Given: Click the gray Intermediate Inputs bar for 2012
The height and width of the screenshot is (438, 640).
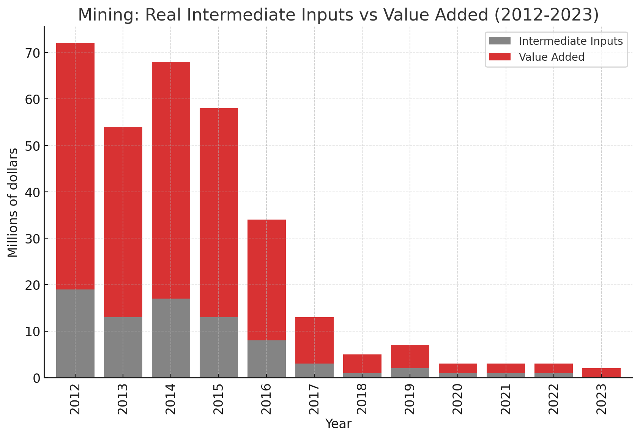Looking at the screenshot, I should click(x=75, y=334).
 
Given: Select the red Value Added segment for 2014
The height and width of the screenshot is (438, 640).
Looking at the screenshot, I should click(x=171, y=180).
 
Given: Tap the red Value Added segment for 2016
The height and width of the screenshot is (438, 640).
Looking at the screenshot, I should click(x=266, y=280).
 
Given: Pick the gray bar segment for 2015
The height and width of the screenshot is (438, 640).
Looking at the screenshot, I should click(x=219, y=347).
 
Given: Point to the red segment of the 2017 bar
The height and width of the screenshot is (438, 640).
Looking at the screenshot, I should click(x=314, y=340).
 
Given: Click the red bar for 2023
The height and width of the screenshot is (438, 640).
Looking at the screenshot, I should click(x=601, y=373).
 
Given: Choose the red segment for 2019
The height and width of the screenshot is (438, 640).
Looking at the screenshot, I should click(x=410, y=357).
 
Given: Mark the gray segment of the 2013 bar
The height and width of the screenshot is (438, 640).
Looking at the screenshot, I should click(x=123, y=347).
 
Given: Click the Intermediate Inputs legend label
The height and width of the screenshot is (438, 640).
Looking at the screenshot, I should click(x=571, y=41).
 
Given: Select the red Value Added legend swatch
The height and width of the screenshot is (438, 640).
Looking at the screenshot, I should click(x=500, y=57).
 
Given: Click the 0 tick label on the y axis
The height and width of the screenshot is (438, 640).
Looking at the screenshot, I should click(x=36, y=378).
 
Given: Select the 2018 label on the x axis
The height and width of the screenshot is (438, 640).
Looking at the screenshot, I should click(x=362, y=399).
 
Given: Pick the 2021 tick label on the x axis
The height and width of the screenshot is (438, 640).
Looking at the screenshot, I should click(x=506, y=399).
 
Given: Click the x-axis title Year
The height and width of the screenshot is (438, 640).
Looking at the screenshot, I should click(x=338, y=424).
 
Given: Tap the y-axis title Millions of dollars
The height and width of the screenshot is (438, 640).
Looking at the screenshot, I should click(x=13, y=202).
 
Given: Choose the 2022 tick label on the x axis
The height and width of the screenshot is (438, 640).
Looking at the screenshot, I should click(x=553, y=399).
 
